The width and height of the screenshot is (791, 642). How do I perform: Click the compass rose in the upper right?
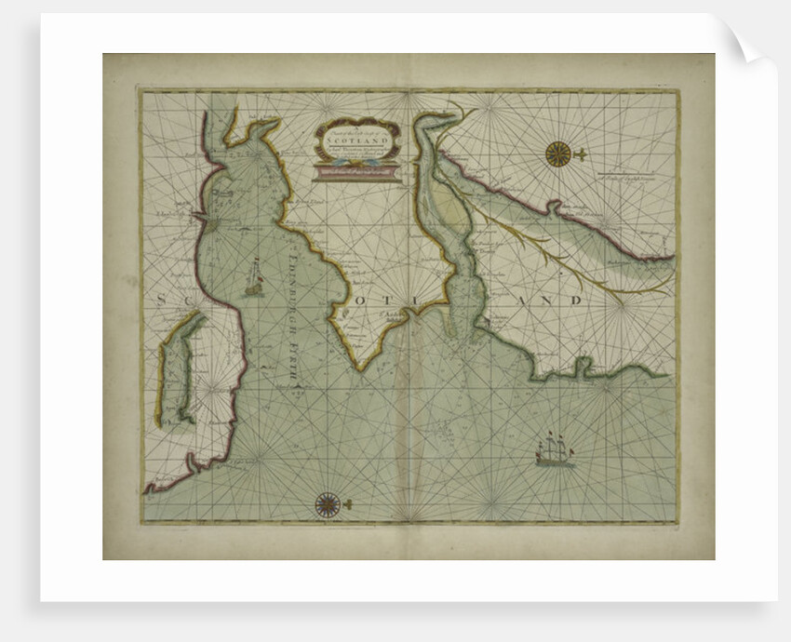(558, 154)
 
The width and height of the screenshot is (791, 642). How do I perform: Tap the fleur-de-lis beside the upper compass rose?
(580, 153)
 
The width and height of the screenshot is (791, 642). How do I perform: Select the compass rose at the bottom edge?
(327, 504)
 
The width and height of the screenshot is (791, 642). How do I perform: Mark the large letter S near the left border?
(159, 300)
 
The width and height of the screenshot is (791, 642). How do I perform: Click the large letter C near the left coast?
(185, 300)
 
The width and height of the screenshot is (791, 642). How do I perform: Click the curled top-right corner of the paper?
(752, 42)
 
